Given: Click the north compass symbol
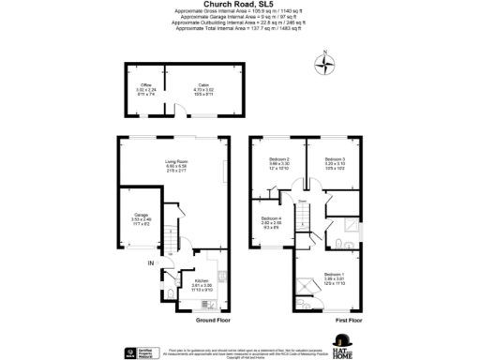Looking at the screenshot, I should point(326,65).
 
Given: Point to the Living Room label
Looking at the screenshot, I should point(177,162).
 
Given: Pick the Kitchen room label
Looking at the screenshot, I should point(201,281).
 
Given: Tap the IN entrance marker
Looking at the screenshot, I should point(149,263).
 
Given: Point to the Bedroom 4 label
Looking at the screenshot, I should point(271,219).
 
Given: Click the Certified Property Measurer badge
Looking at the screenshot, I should point(131,352).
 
